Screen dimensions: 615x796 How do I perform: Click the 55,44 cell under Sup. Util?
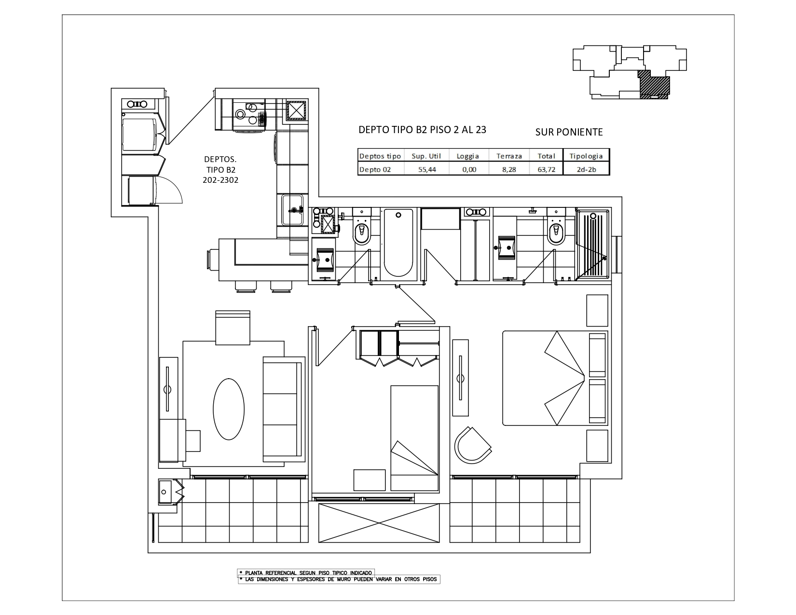point(424,169)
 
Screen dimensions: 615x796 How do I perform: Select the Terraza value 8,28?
point(505,169)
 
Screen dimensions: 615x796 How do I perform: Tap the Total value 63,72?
point(546,169)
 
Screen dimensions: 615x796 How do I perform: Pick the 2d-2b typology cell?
point(586,169)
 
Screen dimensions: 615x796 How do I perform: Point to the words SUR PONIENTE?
point(569,132)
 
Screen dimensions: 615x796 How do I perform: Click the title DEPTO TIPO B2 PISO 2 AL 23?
point(422,130)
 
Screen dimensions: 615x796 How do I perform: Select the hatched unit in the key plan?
point(654,84)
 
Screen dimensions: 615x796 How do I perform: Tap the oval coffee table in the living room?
point(229,408)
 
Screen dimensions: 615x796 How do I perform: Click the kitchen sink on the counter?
point(292,210)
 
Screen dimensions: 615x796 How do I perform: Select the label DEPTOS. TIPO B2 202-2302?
point(220,169)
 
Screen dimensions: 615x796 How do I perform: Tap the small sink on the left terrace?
point(165,492)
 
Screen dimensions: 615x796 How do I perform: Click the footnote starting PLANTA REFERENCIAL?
point(306,573)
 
